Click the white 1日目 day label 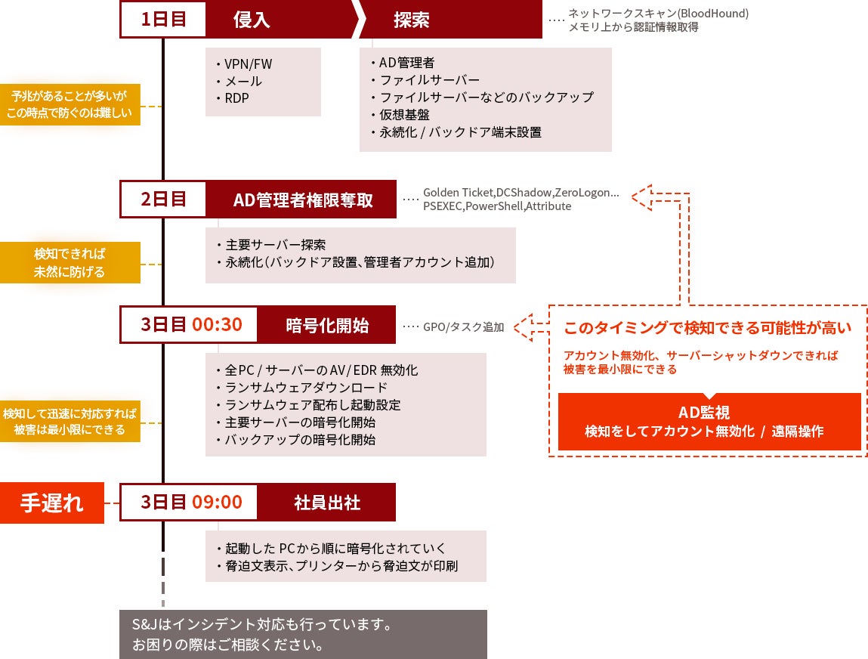(x=163, y=20)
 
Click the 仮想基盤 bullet (x=404, y=115)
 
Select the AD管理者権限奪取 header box (x=302, y=200)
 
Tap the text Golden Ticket (x=458, y=193)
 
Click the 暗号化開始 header (x=326, y=325)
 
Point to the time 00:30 (x=217, y=325)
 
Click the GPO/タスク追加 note (x=463, y=327)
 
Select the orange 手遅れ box (x=51, y=503)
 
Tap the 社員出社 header (x=326, y=503)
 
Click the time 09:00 (x=217, y=503)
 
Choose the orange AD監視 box (x=709, y=422)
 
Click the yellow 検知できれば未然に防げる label (x=70, y=262)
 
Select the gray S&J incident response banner (x=303, y=635)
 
